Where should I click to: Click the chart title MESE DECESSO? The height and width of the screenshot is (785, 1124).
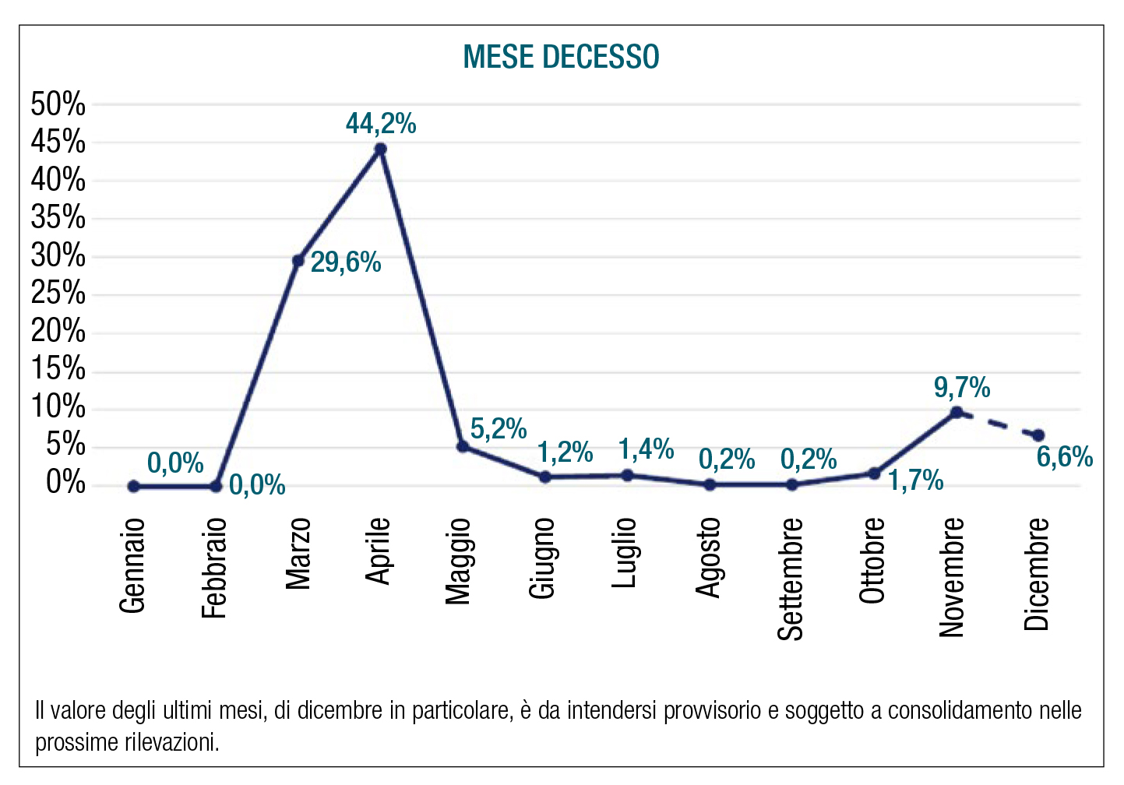click(x=561, y=57)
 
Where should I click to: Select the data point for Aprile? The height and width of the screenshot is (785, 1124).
click(x=380, y=149)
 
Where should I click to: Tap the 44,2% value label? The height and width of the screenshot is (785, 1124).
click(x=381, y=124)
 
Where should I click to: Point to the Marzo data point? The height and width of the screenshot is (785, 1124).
click(x=298, y=260)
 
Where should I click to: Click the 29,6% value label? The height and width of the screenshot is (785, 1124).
click(x=346, y=262)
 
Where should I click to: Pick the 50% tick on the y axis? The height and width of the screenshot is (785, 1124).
click(x=58, y=104)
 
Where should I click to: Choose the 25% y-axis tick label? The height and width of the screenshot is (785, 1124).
click(x=58, y=294)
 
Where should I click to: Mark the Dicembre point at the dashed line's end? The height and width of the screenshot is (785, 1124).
click(x=1038, y=435)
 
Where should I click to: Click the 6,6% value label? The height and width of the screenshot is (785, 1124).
click(x=1064, y=457)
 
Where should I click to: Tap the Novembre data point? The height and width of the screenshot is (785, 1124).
click(x=957, y=413)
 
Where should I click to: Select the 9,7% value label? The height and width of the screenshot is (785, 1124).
click(x=962, y=387)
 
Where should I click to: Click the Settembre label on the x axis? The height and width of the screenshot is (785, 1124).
click(x=791, y=579)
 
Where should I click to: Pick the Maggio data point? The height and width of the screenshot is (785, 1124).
click(x=463, y=446)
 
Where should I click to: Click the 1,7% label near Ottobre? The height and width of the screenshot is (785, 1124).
click(x=916, y=481)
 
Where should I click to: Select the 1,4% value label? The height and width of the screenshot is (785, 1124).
click(x=646, y=449)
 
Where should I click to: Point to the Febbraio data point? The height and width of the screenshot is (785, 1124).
click(x=216, y=486)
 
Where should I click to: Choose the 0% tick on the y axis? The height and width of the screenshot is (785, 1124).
click(x=65, y=484)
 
